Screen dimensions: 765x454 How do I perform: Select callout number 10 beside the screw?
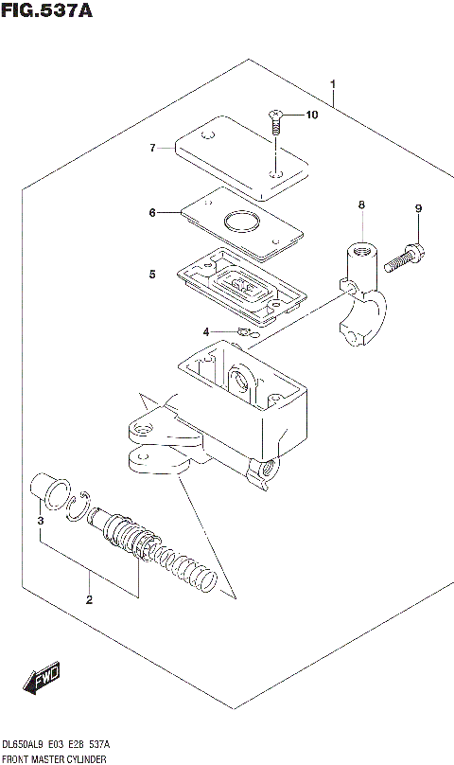[x=313, y=116]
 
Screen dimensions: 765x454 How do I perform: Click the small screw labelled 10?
[x=276, y=119]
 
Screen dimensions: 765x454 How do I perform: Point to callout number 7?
[x=151, y=149]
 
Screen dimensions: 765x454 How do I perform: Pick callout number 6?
[x=151, y=213]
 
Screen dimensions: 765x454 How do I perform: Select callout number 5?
[x=151, y=275]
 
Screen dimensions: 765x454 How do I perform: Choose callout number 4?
[x=205, y=331]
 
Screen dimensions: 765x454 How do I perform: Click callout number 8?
[x=360, y=205]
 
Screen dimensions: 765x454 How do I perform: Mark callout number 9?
[x=417, y=208]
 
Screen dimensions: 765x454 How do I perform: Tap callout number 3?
[x=40, y=521]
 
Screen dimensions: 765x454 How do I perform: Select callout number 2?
[x=89, y=599]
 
